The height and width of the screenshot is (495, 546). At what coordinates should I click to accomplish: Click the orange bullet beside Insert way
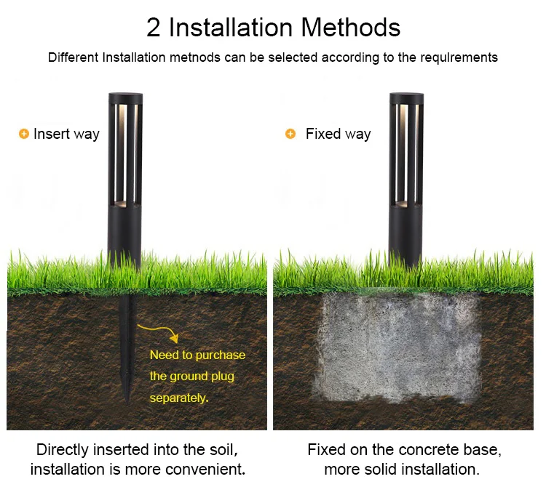23,134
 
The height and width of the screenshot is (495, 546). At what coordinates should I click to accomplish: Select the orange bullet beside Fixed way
290,134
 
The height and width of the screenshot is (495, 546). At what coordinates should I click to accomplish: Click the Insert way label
66,134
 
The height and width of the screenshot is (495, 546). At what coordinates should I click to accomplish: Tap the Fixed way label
338,134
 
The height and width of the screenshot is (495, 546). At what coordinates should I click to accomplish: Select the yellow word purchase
220,355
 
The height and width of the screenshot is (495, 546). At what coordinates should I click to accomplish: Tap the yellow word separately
179,398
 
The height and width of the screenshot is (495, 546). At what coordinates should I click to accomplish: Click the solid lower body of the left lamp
124,236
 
